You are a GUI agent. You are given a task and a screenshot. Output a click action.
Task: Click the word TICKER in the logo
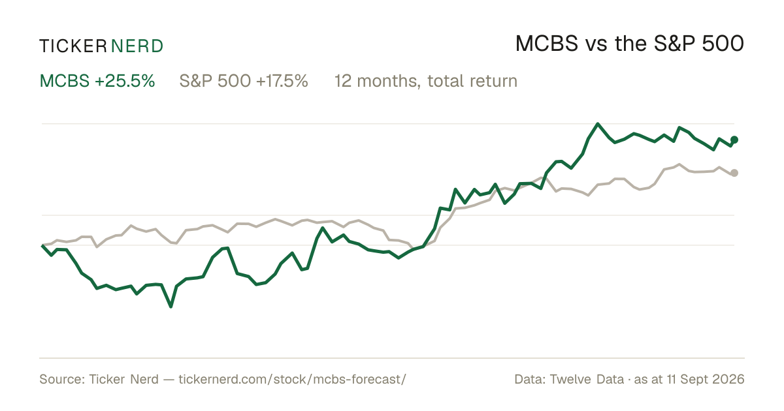[73, 46]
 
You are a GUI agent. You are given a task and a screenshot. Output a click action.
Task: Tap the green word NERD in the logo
[137, 46]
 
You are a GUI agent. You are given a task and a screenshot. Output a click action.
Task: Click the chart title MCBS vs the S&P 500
[629, 44]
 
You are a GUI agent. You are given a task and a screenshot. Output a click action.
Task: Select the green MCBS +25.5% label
[97, 81]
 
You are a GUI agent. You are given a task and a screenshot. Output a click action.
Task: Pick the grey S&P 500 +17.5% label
[244, 81]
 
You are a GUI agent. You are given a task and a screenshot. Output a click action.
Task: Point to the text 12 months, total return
[425, 82]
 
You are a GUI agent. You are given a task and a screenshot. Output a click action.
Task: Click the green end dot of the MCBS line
[734, 140]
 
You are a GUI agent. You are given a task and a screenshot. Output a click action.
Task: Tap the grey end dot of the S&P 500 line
[734, 173]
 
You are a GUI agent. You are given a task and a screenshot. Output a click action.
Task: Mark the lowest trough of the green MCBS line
[171, 307]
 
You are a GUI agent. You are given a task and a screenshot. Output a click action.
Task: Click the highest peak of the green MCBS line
[598, 124]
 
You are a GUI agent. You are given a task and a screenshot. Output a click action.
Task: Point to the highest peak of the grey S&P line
[679, 164]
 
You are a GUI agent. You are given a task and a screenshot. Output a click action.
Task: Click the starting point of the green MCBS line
[42, 246]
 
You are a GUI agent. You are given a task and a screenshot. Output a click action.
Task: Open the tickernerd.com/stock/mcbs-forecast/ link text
[292, 379]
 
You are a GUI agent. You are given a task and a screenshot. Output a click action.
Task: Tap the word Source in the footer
[62, 379]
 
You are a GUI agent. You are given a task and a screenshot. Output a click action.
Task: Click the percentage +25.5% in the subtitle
[125, 81]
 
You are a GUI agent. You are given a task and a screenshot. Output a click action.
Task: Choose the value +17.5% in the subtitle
[282, 81]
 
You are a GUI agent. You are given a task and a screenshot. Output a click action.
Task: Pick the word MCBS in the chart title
[546, 44]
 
